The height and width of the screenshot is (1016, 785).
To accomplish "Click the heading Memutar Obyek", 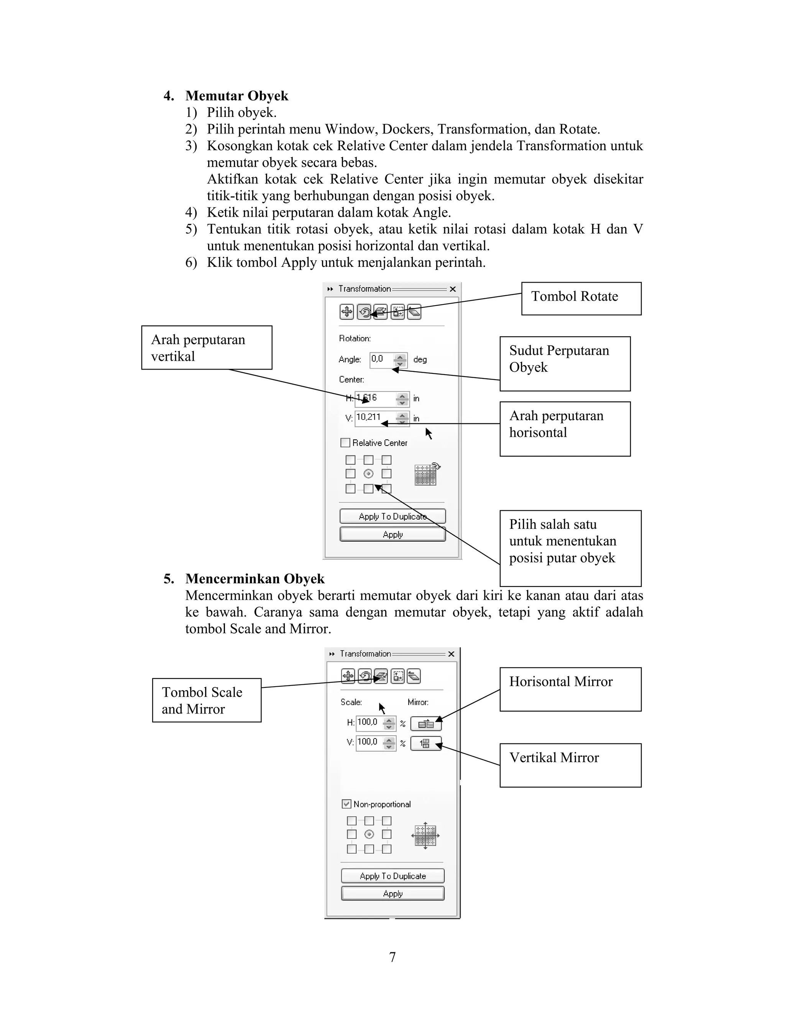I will [x=237, y=96].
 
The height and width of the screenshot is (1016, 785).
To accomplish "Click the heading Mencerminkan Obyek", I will [x=255, y=579].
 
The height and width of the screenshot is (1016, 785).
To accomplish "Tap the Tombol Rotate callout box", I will [x=581, y=298].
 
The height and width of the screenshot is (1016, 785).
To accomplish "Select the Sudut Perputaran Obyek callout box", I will [x=565, y=363].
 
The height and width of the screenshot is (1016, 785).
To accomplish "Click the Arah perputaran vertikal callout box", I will [x=207, y=347].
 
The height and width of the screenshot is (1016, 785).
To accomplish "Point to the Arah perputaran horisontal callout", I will [x=565, y=429].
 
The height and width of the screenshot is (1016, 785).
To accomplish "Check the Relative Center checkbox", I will [x=345, y=442].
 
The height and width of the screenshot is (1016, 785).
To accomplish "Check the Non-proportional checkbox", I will [x=347, y=804].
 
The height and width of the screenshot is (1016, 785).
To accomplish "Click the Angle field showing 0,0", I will [x=382, y=359].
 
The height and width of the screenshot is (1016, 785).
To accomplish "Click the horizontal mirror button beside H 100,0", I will [x=425, y=724].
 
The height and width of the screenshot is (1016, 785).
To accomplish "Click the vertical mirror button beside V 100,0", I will [x=425, y=743].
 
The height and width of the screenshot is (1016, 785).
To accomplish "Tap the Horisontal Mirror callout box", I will [x=570, y=689].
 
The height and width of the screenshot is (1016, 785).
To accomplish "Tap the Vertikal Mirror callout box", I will [x=570, y=765].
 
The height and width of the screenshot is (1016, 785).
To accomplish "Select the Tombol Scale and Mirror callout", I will [x=207, y=700].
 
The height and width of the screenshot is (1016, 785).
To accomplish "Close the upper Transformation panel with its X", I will [x=453, y=289].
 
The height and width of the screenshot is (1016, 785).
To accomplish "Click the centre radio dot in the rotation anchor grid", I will [x=368, y=473].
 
